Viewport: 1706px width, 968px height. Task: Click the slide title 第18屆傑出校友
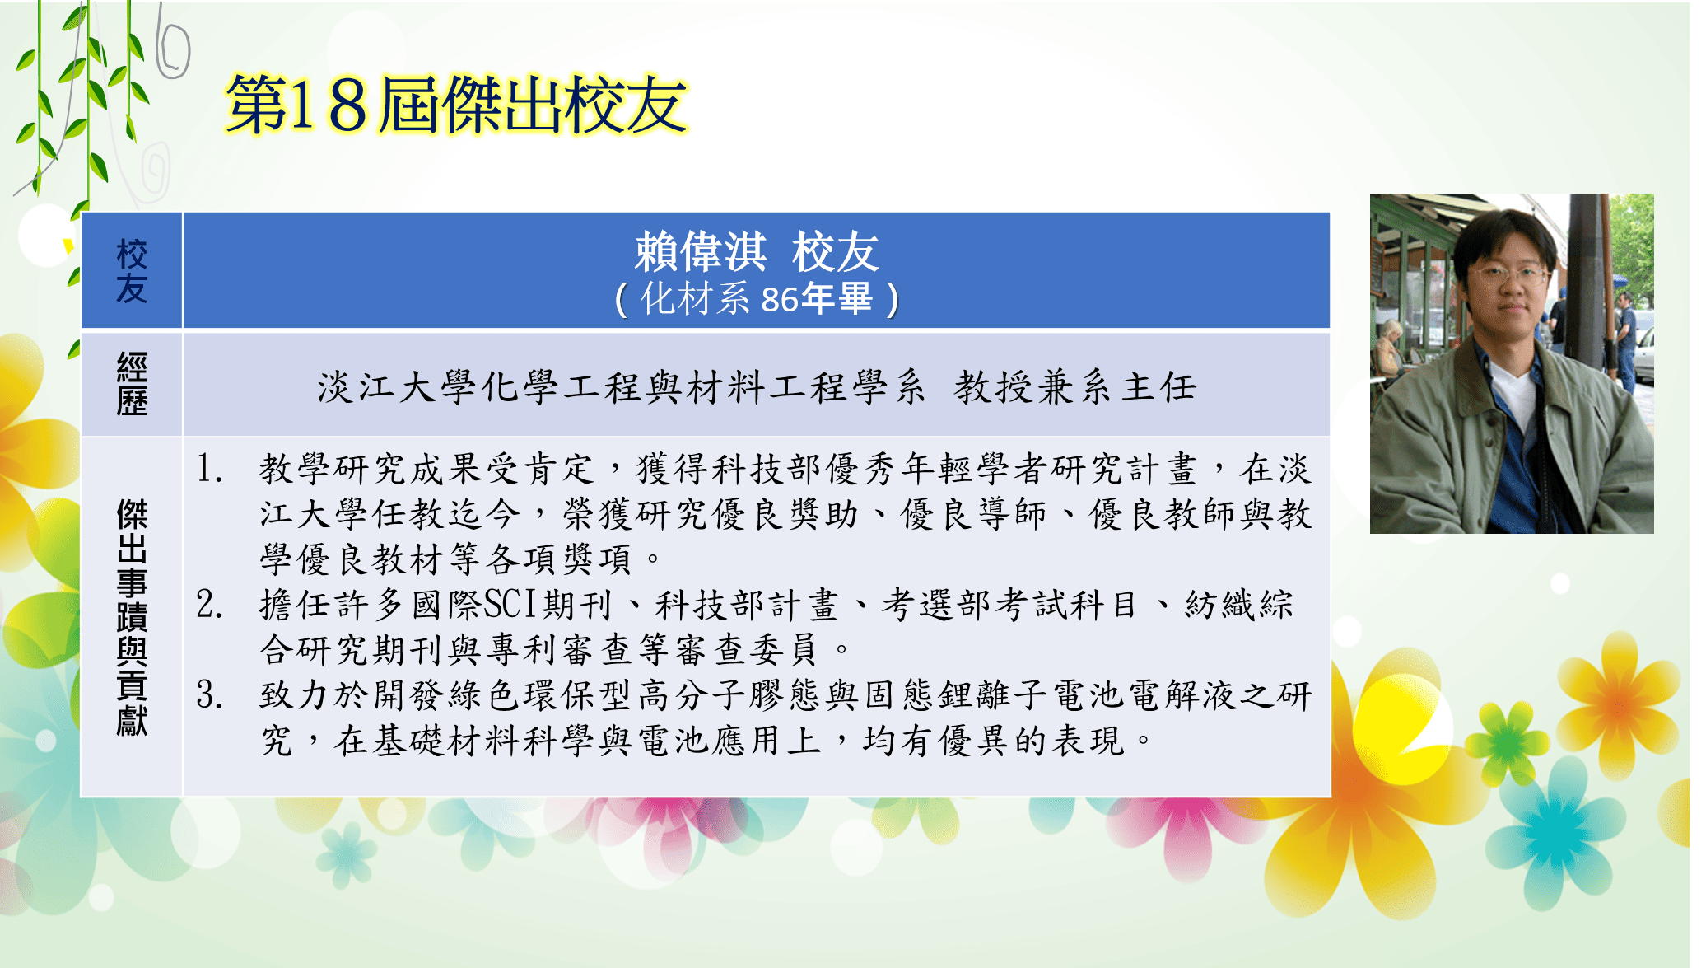point(457,105)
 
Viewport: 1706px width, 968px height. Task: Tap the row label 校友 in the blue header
point(132,271)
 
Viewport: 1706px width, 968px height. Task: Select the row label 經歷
point(132,384)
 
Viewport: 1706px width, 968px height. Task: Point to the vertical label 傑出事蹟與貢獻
point(132,616)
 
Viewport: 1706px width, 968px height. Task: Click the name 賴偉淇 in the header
point(701,252)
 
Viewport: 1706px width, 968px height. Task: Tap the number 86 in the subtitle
point(780,300)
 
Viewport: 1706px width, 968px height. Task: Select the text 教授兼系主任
point(1075,387)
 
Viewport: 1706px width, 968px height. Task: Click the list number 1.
point(209,469)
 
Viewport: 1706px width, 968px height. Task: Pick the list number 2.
point(209,605)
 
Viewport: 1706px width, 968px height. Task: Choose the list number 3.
point(209,695)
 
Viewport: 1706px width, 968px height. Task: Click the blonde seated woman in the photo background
point(1390,350)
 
